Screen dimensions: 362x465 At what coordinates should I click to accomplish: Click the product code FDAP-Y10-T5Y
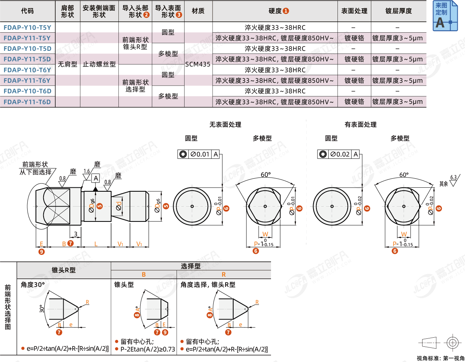pos(27,28)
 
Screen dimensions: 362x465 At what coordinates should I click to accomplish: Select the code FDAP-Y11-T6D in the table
pos(27,102)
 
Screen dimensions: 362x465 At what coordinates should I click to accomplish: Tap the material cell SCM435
pos(198,64)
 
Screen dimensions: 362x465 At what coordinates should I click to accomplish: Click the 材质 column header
pos(198,11)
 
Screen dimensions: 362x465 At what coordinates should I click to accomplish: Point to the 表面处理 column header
pos(354,11)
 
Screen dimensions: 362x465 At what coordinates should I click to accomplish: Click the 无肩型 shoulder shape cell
pos(68,64)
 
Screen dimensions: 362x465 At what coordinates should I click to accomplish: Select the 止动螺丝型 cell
pos(99,64)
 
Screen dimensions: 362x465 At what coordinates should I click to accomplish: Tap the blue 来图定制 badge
pos(445,16)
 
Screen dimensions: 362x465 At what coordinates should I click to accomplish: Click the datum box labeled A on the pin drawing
pos(96,178)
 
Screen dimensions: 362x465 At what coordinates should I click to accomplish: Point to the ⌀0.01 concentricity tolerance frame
pos(199,154)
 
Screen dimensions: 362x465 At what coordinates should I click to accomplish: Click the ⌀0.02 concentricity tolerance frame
pos(339,154)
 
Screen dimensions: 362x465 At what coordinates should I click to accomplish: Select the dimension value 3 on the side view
pos(76,234)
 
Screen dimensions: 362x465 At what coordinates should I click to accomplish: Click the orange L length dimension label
pos(96,244)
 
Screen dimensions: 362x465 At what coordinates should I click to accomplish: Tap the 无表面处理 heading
pos(225,125)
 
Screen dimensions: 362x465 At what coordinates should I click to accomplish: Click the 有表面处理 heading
pos(360,125)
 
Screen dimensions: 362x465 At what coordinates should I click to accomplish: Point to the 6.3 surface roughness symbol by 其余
pos(453,180)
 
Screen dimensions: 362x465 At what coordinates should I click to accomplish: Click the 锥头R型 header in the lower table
pos(64,270)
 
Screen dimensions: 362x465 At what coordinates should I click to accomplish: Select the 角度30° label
pos(33,285)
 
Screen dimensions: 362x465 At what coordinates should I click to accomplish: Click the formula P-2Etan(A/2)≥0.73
pos(147,349)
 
